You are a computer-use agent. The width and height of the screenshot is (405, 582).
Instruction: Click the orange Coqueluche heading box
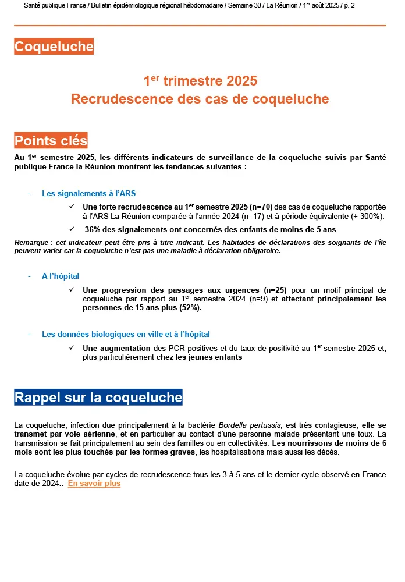coord(54,47)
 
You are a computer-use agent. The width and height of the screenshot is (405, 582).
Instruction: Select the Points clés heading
coord(51,140)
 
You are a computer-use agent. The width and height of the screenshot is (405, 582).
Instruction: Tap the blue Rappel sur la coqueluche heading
coord(98,398)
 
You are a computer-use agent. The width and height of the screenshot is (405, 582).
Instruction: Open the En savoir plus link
coord(94,483)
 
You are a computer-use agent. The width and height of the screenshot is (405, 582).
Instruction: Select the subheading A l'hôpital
coord(61,276)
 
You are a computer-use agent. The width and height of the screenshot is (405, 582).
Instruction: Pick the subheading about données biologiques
coord(126,334)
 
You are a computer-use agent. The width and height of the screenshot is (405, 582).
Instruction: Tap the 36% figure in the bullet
coord(94,229)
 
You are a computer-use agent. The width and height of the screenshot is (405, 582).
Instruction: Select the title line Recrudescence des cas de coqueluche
coord(200,99)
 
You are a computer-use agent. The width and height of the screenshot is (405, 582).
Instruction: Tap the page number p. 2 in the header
coord(349,5)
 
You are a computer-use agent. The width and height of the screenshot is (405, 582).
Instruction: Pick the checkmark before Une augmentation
coord(72,347)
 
